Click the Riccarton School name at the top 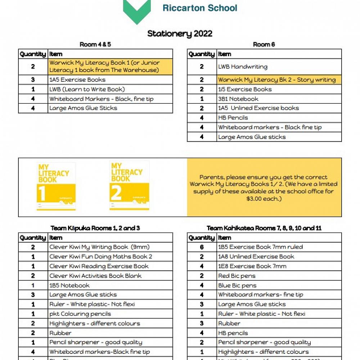[200, 8]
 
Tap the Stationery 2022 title [180, 34]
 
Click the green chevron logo [137, 11]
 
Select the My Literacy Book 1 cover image [56, 186]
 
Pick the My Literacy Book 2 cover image [129, 185]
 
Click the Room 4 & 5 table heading [95, 45]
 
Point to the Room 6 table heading [264, 45]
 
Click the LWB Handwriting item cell [243, 67]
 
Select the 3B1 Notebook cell [238, 99]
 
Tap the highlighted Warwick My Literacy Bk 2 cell [276, 80]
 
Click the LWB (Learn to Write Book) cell [87, 89]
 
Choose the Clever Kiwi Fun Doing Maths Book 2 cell [101, 257]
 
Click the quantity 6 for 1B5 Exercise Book [202, 247]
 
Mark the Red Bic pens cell [237, 276]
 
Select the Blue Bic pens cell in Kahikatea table [237, 285]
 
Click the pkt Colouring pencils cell [80, 314]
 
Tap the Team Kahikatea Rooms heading [264, 228]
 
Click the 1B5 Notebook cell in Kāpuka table [69, 285]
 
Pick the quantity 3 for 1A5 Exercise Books [33, 80]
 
